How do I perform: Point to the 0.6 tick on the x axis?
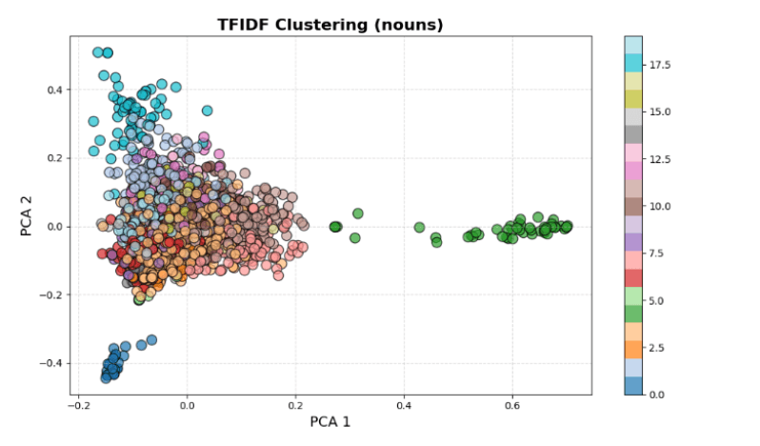click(x=512, y=404)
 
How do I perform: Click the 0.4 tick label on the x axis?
click(x=404, y=404)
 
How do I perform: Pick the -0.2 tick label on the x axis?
click(x=79, y=404)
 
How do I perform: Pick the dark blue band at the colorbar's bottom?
click(x=632, y=385)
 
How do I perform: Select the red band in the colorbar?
click(x=632, y=277)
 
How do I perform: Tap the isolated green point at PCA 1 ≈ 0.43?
click(x=419, y=227)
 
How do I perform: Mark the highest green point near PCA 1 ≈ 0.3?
click(x=358, y=213)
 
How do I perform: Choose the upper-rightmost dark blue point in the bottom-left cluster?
click(x=150, y=339)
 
